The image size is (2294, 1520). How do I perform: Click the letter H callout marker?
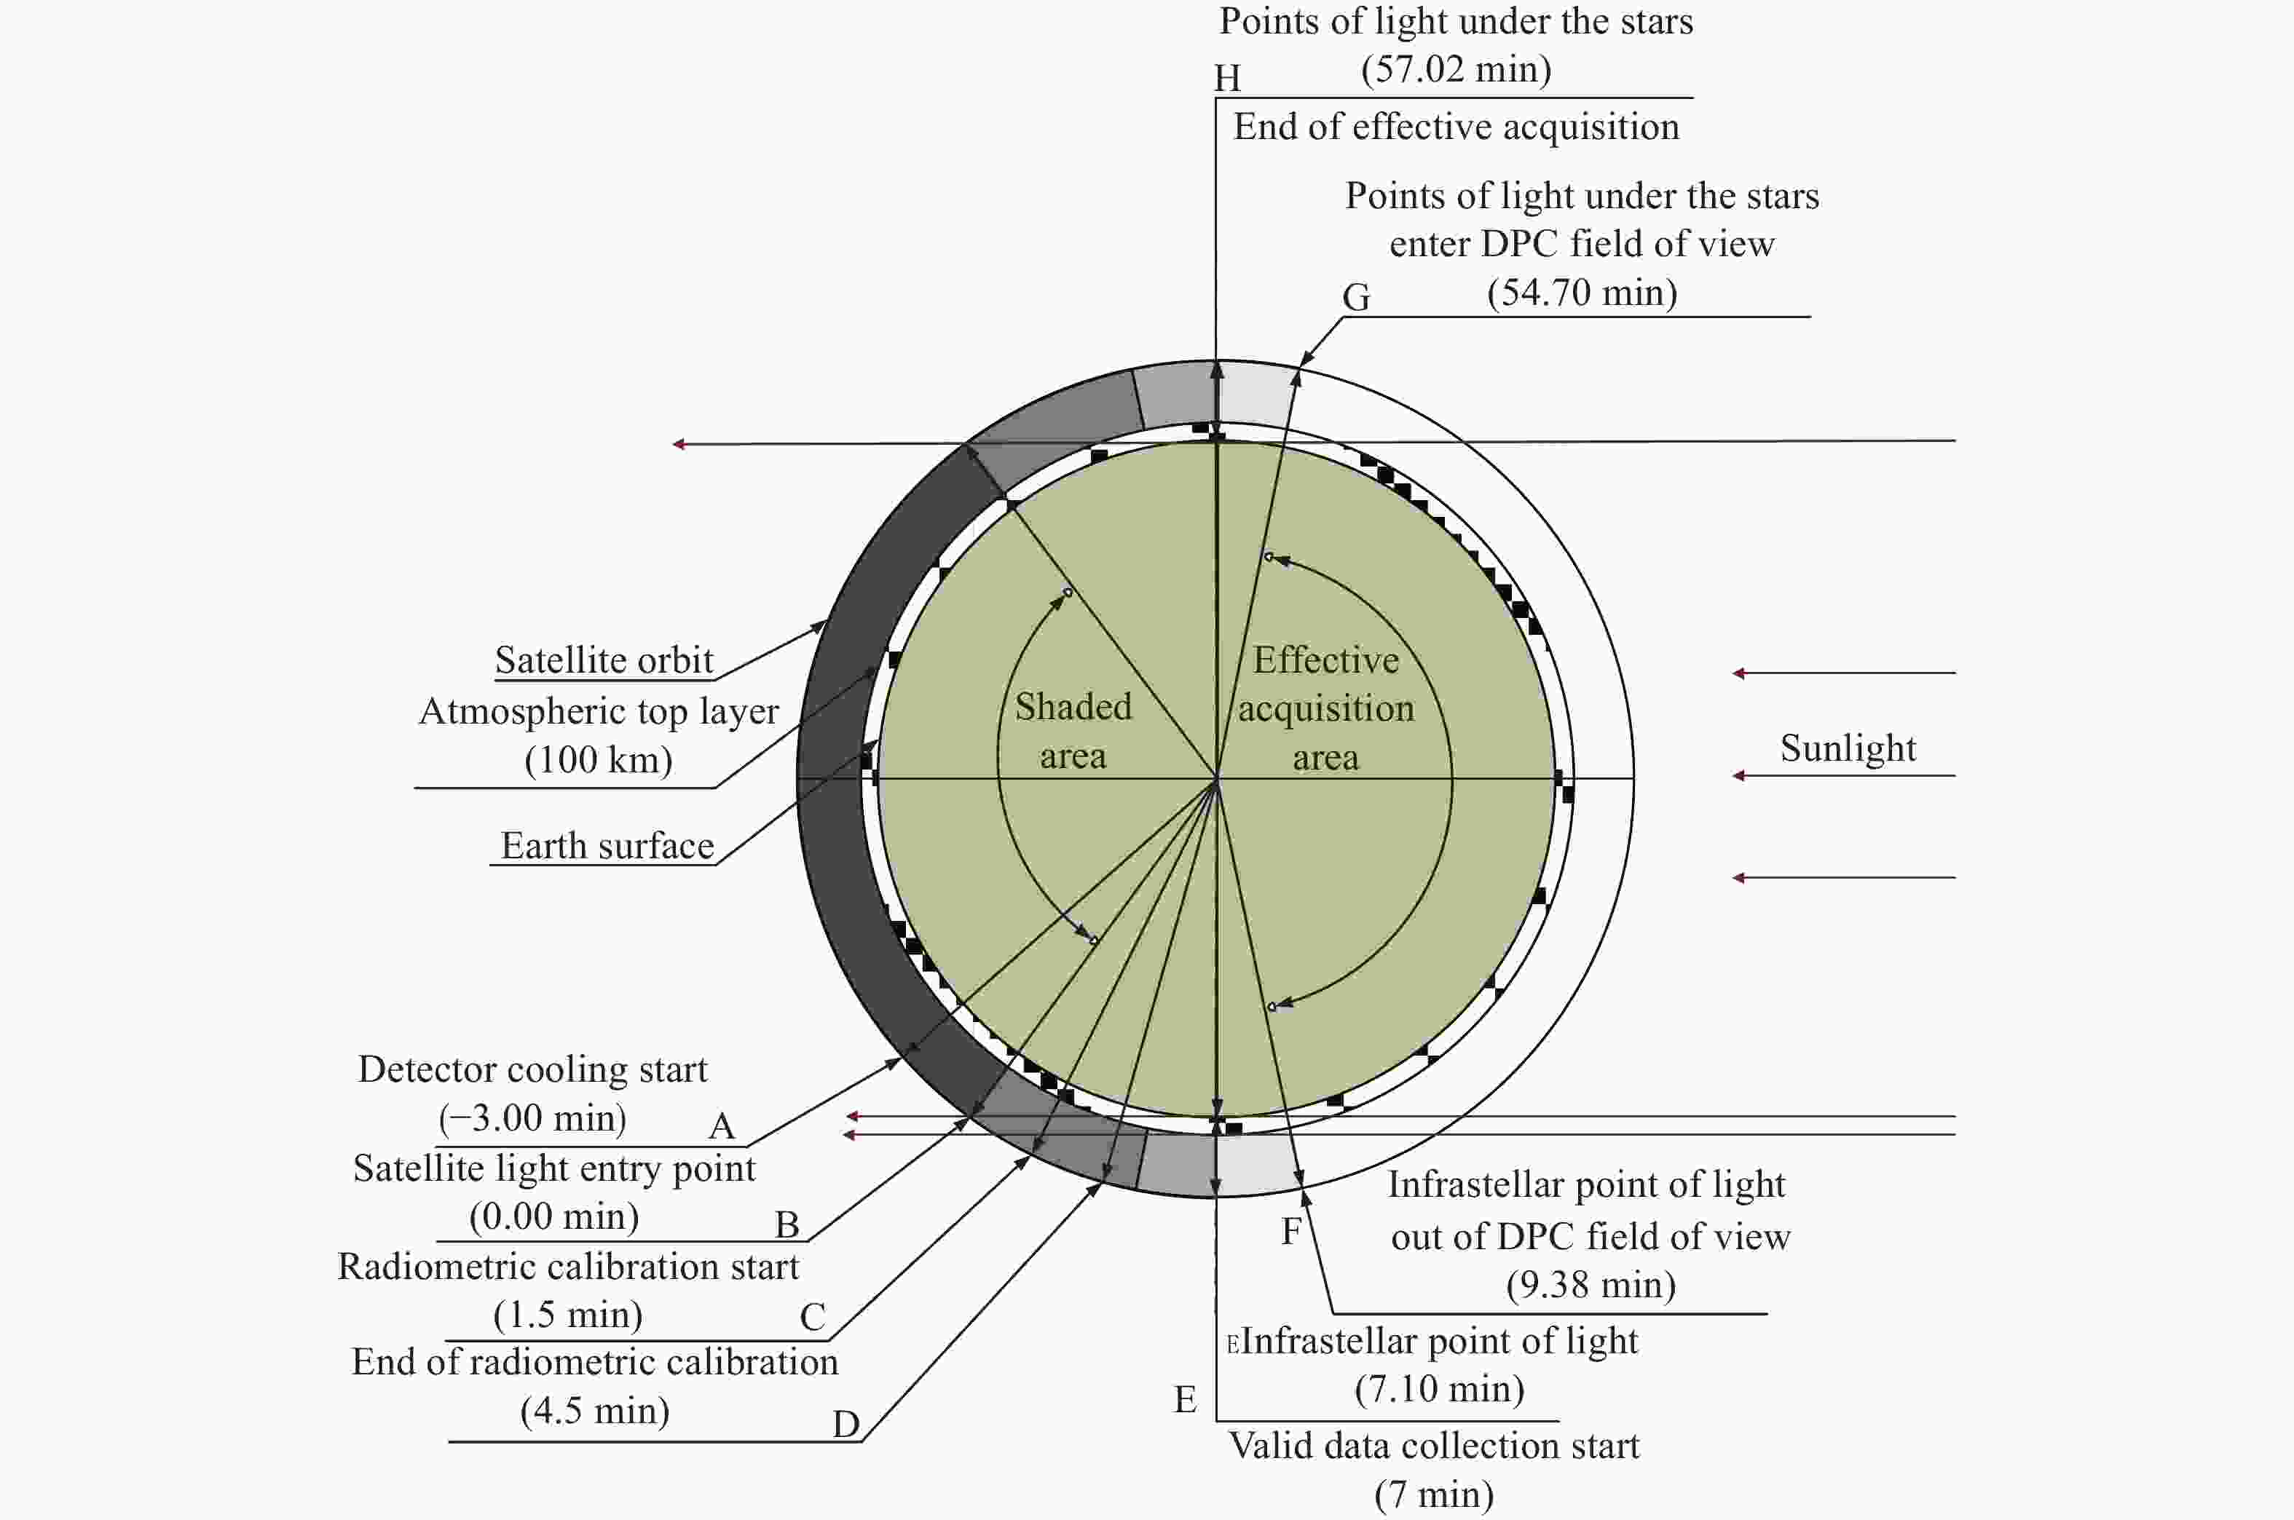tap(1228, 78)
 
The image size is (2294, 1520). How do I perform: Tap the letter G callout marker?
tap(1357, 296)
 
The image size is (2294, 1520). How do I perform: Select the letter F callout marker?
tap(1290, 1231)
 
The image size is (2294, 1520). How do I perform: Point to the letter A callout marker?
tap(722, 1126)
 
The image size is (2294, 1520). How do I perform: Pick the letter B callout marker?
tap(787, 1225)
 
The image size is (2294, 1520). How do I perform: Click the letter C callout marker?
tap(813, 1316)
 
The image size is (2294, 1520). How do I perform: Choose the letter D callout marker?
tap(846, 1424)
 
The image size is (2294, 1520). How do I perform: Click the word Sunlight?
tap(1848, 748)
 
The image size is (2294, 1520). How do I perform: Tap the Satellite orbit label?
tap(604, 660)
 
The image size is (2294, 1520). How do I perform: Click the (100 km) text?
tap(598, 759)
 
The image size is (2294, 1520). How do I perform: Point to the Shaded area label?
tap(1073, 731)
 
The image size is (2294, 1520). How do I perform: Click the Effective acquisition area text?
tap(1325, 708)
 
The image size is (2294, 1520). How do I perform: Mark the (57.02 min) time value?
tap(1457, 69)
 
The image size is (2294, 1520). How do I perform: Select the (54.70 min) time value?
tap(1582, 292)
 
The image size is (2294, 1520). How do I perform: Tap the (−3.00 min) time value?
tap(532, 1117)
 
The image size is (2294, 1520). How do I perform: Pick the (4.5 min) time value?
tap(595, 1411)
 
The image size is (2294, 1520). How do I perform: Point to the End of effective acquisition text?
tap(1457, 127)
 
